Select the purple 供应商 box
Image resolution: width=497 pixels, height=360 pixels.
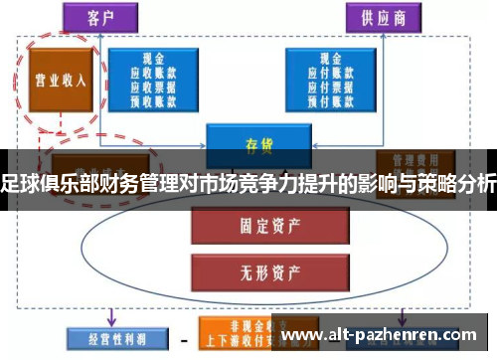click(384, 17)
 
